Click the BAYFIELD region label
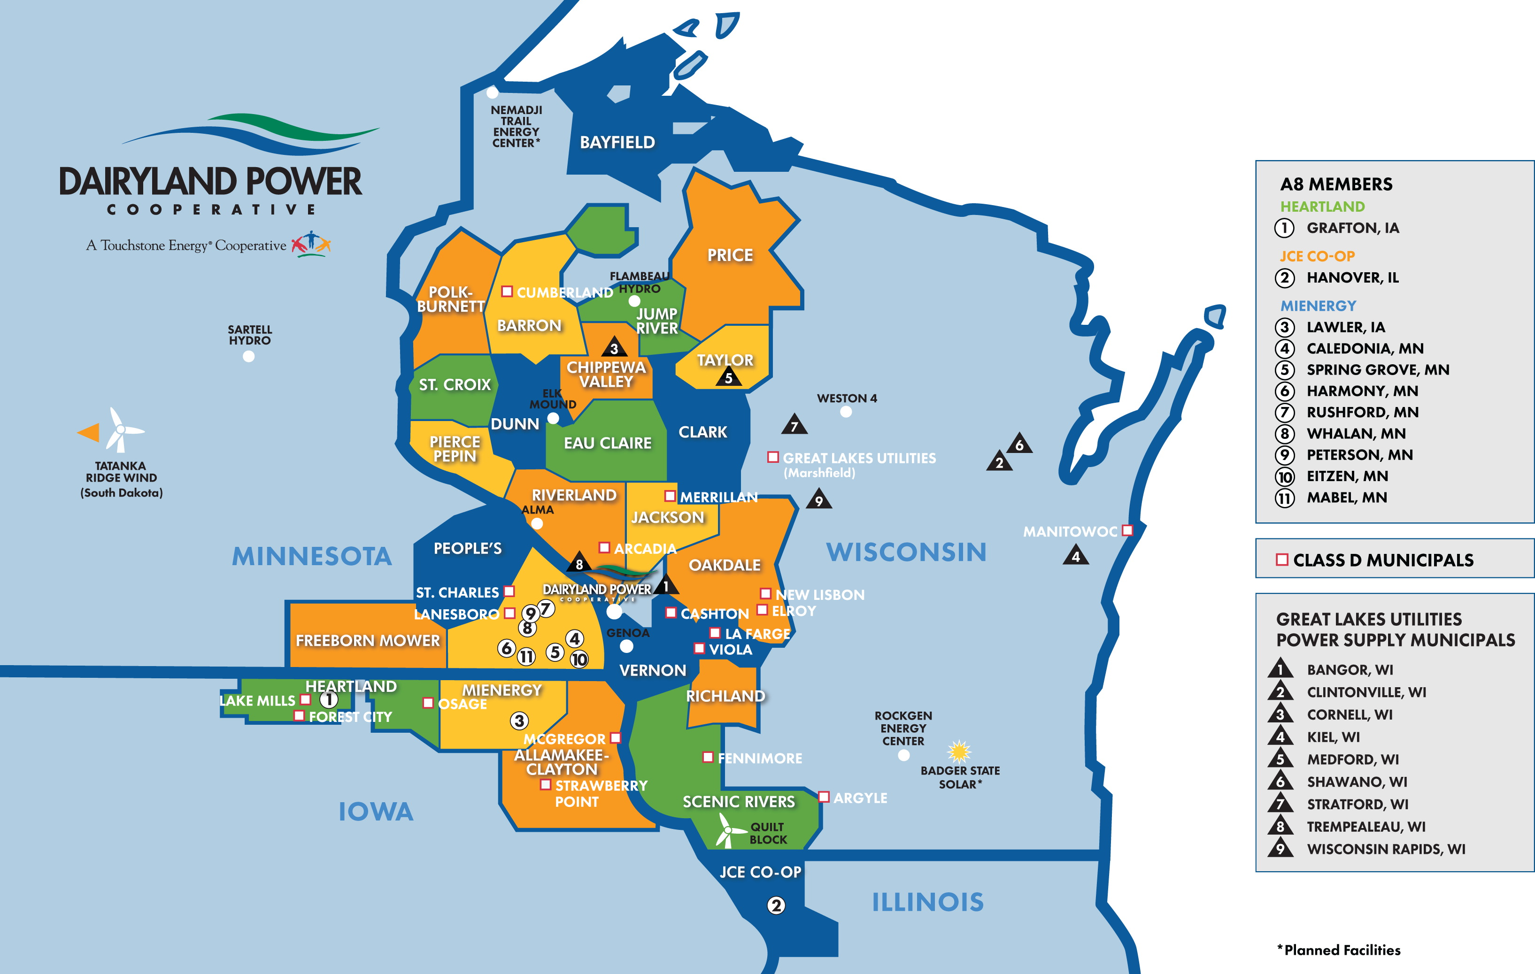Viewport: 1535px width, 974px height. [x=617, y=142]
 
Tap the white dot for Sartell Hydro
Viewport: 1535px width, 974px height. [x=248, y=356]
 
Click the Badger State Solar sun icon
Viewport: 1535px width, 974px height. [x=959, y=751]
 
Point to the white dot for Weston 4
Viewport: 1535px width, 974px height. [x=846, y=412]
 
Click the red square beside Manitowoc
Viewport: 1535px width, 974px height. [x=1127, y=530]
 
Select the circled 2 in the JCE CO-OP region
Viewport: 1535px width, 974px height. [x=776, y=905]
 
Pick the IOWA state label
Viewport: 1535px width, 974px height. [x=376, y=812]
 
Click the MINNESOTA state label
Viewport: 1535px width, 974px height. [x=312, y=556]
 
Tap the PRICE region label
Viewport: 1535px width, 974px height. [x=730, y=255]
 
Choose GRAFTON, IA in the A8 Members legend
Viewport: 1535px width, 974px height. [x=1353, y=228]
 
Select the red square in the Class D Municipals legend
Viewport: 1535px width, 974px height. [x=1282, y=560]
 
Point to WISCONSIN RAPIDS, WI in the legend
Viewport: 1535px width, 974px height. [x=1386, y=849]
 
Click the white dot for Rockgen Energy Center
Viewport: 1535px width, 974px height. [x=903, y=755]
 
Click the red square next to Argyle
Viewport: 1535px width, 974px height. [x=824, y=797]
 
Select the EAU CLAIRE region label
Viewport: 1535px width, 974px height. [x=608, y=443]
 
